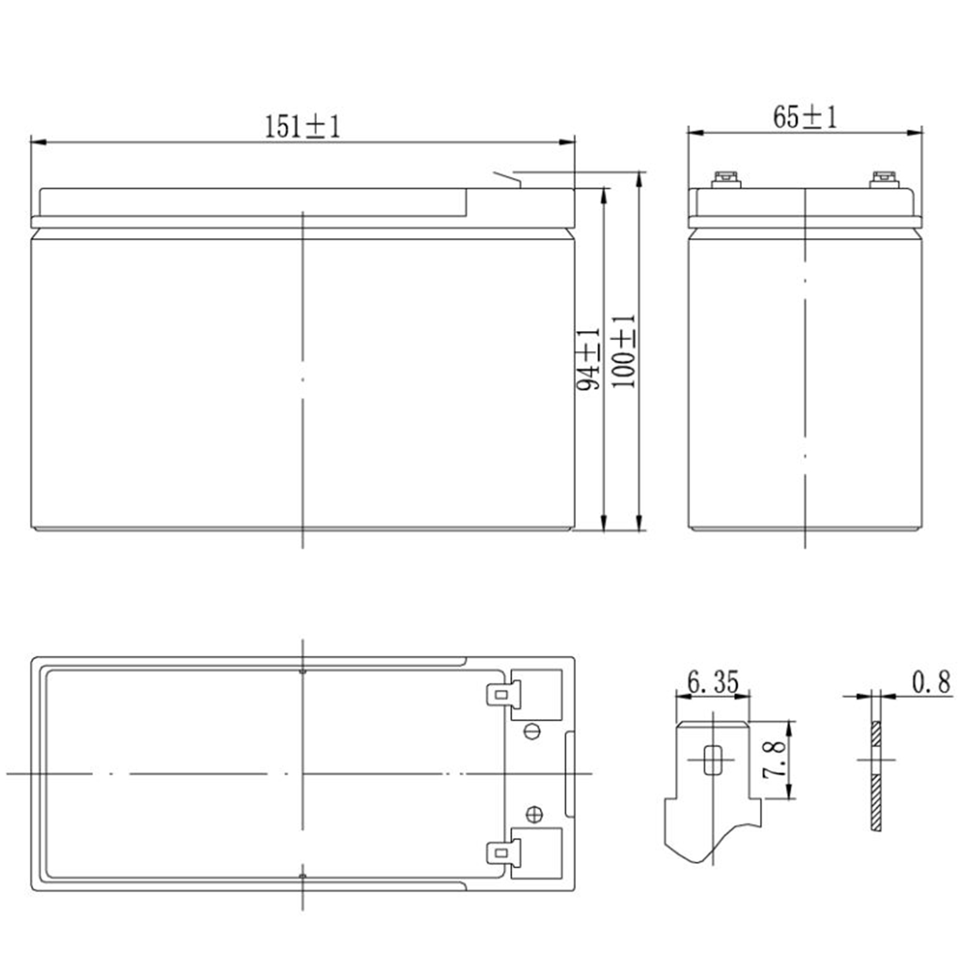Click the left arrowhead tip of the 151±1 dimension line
click(31, 142)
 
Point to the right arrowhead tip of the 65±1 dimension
click(922, 132)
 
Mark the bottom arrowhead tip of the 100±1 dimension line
click(639, 531)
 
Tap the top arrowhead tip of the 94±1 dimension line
click(604, 188)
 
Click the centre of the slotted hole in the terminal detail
click(712, 760)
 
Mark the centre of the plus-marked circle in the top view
click(534, 814)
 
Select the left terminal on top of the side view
click(726, 180)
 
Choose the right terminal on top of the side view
click(884, 180)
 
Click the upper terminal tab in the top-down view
click(504, 695)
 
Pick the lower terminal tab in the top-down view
click(504, 852)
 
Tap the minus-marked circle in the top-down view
click(532, 731)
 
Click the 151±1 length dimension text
click(302, 127)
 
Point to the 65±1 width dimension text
click(805, 117)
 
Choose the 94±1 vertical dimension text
click(589, 359)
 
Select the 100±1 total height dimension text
click(624, 351)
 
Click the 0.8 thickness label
click(931, 682)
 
